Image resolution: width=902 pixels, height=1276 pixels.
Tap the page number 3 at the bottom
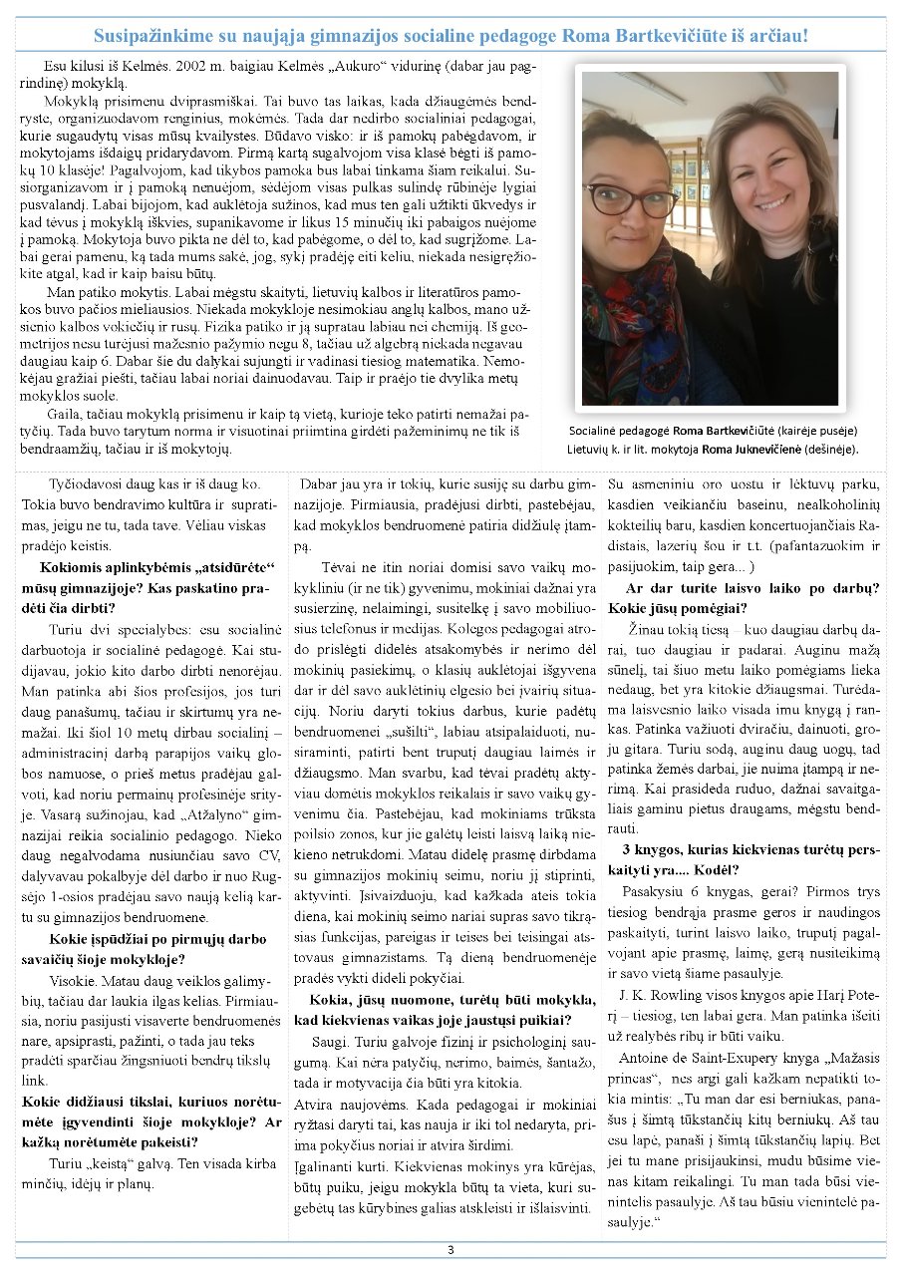pos(451,1250)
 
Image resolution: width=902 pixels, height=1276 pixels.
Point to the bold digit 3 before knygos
pos(626,850)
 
